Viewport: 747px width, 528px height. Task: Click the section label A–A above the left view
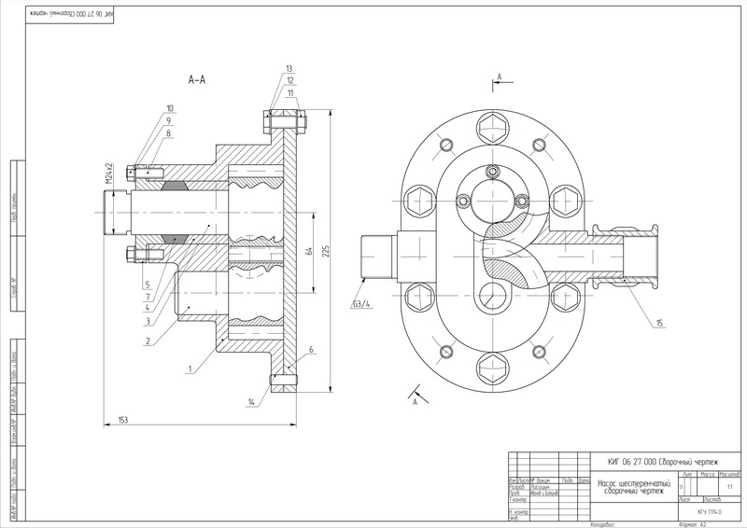(196, 80)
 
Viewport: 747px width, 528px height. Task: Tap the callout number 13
(289, 70)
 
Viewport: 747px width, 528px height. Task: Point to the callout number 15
(659, 323)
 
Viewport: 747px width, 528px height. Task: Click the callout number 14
(252, 402)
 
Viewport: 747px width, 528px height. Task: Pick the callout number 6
(310, 350)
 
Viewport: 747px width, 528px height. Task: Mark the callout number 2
(148, 342)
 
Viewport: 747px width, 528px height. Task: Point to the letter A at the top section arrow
(500, 75)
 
